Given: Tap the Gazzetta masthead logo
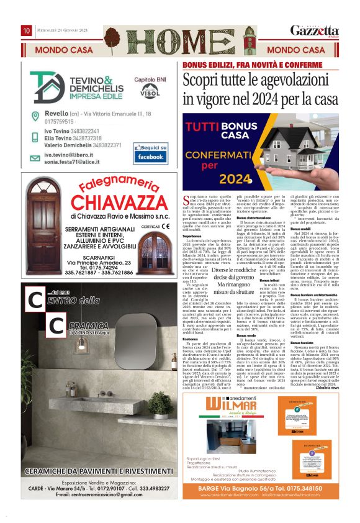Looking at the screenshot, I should click(318, 30).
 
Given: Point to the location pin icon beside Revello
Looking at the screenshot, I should click(37, 114).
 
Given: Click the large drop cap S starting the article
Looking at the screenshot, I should click(187, 199).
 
